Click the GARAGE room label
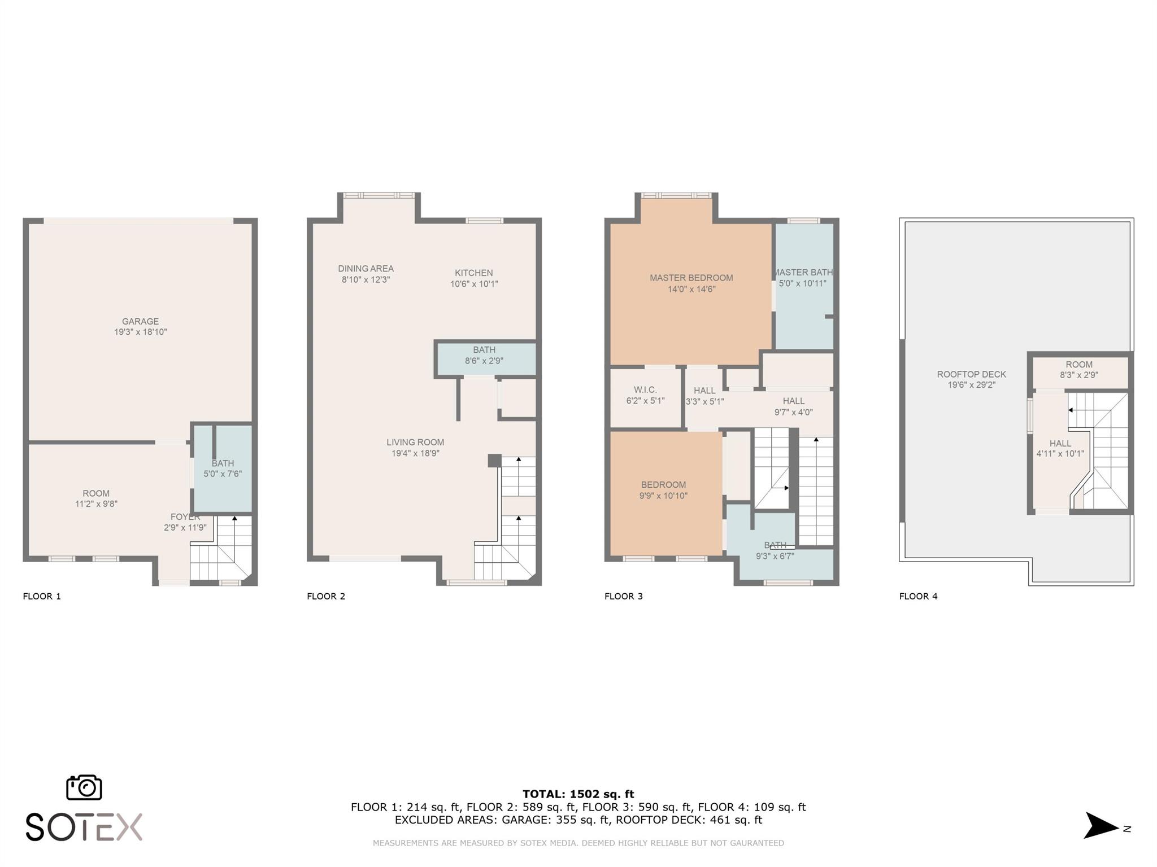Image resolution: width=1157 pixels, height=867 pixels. click(140, 321)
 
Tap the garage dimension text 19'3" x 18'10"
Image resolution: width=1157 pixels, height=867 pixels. click(141, 332)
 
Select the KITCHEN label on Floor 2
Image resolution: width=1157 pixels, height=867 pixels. click(474, 273)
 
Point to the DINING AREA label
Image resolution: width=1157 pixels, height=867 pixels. click(366, 269)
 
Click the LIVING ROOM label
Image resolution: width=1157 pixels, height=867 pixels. click(415, 443)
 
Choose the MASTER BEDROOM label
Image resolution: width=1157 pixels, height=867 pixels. click(691, 278)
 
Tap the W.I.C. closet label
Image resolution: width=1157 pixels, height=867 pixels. click(645, 390)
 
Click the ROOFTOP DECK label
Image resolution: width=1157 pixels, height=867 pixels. click(972, 374)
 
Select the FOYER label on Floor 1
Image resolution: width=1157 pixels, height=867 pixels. click(185, 517)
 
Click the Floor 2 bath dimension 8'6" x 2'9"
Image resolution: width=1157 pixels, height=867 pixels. click(484, 361)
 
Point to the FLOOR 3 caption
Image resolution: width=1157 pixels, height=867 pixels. click(624, 596)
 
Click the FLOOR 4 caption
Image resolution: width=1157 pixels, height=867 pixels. click(919, 596)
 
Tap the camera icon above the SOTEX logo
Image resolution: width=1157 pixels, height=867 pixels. click(84, 787)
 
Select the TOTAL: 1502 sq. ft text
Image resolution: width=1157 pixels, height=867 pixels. click(578, 794)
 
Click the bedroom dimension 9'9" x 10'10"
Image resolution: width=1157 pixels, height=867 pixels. click(663, 496)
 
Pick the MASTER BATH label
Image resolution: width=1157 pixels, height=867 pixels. click(803, 272)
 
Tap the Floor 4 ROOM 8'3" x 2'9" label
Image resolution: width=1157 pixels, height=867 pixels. click(1079, 370)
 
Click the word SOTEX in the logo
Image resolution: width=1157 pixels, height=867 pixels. click(84, 827)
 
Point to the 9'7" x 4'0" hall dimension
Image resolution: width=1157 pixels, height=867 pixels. click(794, 413)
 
